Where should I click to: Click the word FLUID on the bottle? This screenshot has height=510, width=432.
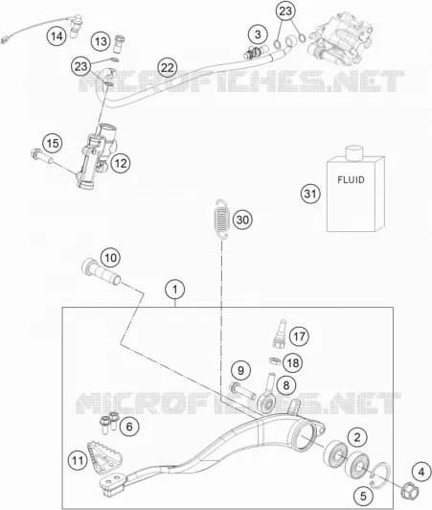351,179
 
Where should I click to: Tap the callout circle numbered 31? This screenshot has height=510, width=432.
310,194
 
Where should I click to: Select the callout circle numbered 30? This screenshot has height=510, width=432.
242,220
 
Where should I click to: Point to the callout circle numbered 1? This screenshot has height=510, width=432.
175,290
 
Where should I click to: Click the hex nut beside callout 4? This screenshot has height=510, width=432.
410,487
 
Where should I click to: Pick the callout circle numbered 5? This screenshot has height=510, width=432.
363,496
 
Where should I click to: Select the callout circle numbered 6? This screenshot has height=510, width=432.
129,426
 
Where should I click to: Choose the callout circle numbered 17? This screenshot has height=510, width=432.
299,336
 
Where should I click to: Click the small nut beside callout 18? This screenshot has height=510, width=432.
275,361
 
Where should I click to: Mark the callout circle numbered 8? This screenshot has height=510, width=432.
286,385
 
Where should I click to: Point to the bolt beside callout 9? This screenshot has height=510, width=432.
242,391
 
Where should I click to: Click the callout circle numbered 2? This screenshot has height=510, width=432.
357,437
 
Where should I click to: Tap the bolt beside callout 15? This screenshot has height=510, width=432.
41,157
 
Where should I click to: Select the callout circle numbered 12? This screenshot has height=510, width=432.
121,163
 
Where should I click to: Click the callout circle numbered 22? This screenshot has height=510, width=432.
168,68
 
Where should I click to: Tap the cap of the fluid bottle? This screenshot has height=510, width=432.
353,153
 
